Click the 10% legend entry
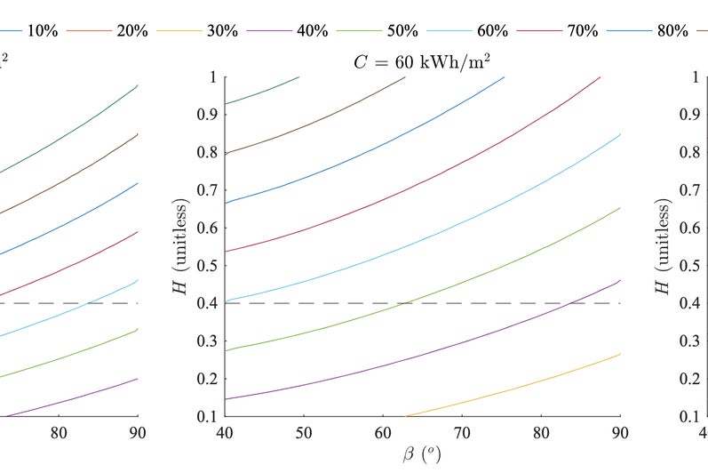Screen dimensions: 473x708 (43, 30)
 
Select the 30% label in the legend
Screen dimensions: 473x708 (220, 30)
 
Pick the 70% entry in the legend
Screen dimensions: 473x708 (582, 30)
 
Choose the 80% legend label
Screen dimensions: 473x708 (672, 30)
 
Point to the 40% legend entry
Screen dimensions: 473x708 (311, 30)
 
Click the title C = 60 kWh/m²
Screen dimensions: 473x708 (422, 60)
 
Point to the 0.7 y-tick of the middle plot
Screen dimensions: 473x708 (206, 190)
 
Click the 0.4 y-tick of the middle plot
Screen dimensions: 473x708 (206, 303)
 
